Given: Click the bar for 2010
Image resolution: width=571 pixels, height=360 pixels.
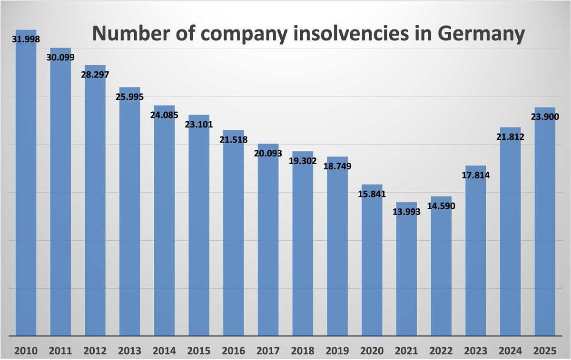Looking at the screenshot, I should tap(26, 190).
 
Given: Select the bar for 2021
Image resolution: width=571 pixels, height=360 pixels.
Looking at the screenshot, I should tap(406, 276).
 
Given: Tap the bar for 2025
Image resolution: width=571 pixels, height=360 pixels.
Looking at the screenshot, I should tap(545, 228).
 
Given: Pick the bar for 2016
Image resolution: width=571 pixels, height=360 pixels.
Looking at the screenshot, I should tap(233, 238).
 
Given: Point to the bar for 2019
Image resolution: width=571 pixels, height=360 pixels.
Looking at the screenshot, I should tap(337, 247).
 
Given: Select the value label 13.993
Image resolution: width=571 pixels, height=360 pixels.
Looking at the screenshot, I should tap(406, 212).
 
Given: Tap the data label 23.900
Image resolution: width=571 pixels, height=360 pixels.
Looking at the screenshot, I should tap(545, 117).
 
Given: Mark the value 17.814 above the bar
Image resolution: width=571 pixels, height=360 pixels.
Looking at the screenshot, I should tap(475, 175).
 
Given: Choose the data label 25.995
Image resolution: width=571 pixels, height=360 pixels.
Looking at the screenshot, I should tap(129, 97).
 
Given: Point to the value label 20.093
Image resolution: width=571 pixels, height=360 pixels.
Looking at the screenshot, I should tap(268, 153).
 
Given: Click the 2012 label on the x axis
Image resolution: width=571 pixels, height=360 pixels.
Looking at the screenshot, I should tap(95, 351).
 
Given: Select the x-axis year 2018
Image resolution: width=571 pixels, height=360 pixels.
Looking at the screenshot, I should tap(303, 351).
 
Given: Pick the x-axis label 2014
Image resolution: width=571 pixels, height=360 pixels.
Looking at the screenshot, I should tap(164, 351).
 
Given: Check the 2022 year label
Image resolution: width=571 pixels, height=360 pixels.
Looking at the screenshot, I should tap(441, 351).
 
